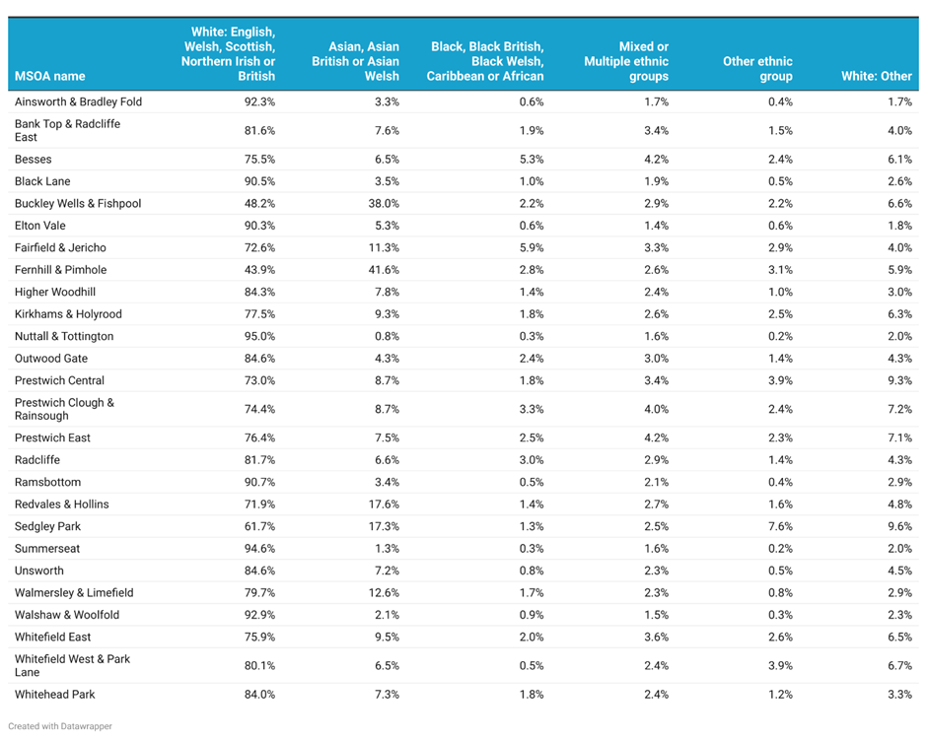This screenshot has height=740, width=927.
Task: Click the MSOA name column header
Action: point(49,76)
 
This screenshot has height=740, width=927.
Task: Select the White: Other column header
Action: point(877,76)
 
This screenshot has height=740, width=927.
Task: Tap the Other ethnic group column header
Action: point(758,69)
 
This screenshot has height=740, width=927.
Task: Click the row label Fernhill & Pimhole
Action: point(61,270)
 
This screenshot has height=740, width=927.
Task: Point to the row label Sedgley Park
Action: point(48,526)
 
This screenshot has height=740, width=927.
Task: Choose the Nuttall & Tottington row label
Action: point(64,336)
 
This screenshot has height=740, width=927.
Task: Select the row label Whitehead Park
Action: point(55,695)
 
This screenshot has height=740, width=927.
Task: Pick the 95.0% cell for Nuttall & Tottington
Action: point(260,336)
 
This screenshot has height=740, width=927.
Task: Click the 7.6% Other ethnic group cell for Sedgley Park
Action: point(780,526)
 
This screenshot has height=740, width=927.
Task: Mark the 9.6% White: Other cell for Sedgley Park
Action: point(899,526)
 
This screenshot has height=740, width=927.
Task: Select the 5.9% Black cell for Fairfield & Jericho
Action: point(532,248)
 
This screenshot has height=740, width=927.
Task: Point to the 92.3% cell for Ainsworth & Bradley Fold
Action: point(260,101)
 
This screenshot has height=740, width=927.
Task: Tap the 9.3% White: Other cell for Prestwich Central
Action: point(899,380)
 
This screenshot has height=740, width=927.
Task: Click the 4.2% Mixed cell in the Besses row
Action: point(656,160)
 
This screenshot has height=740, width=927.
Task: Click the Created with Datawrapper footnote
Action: point(60,726)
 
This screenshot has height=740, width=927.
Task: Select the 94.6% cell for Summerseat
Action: point(260,549)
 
